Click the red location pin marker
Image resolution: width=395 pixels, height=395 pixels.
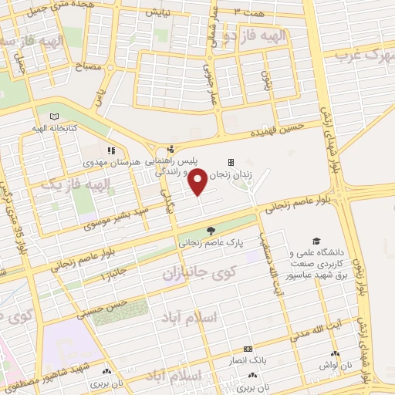pyautogui.click(x=198, y=182)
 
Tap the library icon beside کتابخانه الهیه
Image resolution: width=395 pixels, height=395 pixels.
pyautogui.click(x=53, y=116)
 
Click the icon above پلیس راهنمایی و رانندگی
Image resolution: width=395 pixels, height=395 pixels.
pyautogui.click(x=171, y=150)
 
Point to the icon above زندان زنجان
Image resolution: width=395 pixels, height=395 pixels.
pyautogui.click(x=230, y=162)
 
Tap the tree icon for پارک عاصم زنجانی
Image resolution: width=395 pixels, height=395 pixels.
pyautogui.click(x=211, y=231)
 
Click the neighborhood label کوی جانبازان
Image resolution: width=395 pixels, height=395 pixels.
pyautogui.click(x=194, y=272)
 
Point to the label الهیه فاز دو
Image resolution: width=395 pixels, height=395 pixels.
pyautogui.click(x=255, y=36)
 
